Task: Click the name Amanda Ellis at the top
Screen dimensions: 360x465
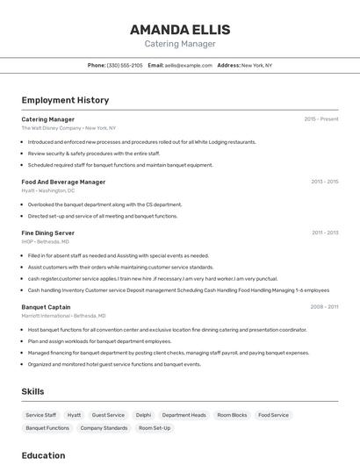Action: (179, 29)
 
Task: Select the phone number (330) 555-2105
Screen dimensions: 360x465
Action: (125, 65)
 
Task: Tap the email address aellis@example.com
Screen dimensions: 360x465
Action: (189, 65)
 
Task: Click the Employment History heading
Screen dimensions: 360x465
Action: (65, 100)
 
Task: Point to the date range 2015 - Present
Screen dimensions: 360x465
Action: (320, 118)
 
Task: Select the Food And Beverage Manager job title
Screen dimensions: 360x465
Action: (63, 182)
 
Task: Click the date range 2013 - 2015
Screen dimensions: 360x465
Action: (324, 182)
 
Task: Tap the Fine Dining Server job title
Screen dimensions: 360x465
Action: (47, 232)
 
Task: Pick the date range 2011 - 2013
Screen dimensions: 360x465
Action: (325, 232)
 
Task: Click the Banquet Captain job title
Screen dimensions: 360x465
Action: (46, 307)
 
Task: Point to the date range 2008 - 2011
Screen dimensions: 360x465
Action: (324, 307)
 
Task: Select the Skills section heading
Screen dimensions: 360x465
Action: (32, 391)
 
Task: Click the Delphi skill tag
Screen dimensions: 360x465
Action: (143, 415)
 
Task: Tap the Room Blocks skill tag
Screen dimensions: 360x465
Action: (233, 415)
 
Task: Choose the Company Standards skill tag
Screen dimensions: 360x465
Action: (104, 428)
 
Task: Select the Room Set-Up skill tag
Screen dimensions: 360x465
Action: (155, 428)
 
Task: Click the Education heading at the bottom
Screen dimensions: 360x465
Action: (43, 455)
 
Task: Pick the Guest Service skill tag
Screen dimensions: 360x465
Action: (108, 415)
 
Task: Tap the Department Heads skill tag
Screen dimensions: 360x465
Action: (184, 415)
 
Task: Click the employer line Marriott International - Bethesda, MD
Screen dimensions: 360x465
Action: (63, 316)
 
